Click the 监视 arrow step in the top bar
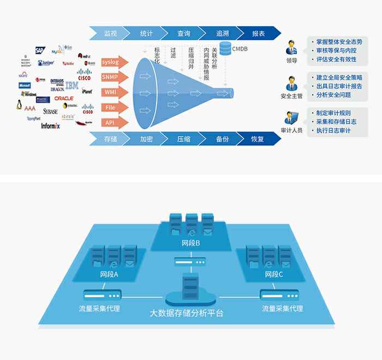(x=110, y=33)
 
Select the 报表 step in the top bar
(x=258, y=33)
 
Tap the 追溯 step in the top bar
(x=222, y=33)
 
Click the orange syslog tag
(x=114, y=62)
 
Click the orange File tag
(x=111, y=108)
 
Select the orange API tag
(x=111, y=122)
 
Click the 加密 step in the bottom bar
(x=146, y=139)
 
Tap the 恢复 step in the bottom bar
(x=258, y=139)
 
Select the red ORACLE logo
(x=64, y=98)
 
